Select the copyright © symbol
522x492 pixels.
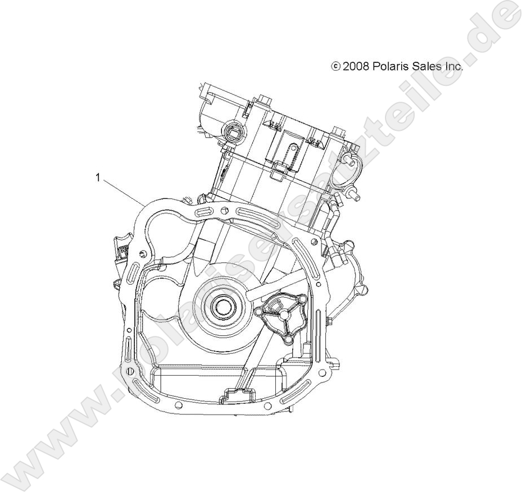coord(336,67)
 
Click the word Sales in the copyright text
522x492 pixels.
coord(426,67)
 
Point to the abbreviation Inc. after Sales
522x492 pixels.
coord(453,67)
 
